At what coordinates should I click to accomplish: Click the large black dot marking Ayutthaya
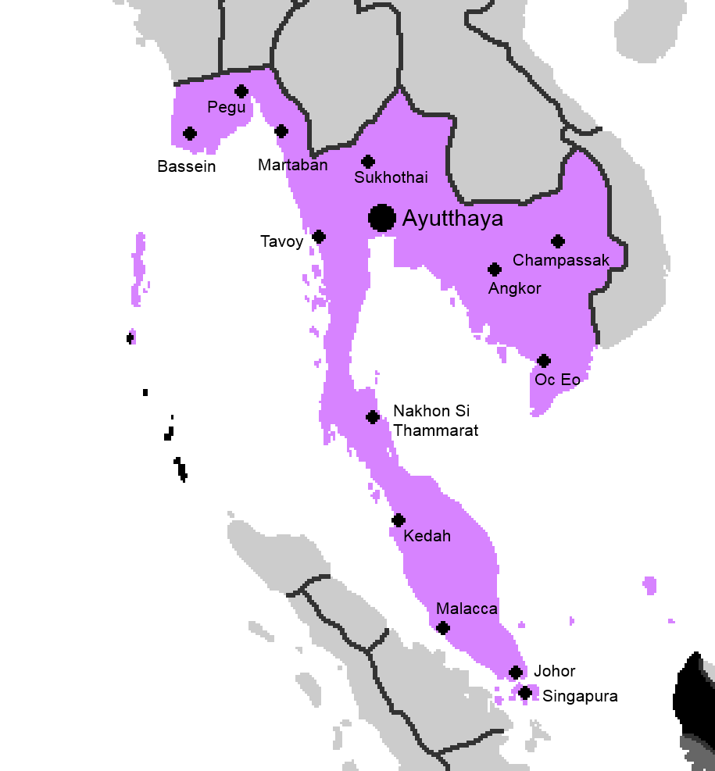click(x=381, y=218)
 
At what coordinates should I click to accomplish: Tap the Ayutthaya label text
click(x=452, y=219)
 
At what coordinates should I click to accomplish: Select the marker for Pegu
click(x=241, y=91)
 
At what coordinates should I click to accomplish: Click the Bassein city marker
click(x=189, y=134)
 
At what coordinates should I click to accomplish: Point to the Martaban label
click(x=293, y=165)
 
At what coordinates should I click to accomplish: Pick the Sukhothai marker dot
click(x=368, y=162)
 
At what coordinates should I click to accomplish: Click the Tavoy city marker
click(x=319, y=237)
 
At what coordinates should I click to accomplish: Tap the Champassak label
click(x=560, y=260)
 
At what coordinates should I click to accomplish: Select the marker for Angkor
click(x=494, y=269)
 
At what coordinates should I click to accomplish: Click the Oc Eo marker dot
click(x=544, y=361)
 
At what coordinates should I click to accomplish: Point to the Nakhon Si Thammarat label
click(x=435, y=420)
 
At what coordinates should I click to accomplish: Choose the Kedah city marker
click(x=399, y=520)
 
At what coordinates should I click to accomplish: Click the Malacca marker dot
click(x=443, y=628)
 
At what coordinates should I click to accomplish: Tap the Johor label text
click(x=554, y=671)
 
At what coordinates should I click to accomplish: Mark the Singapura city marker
click(x=525, y=693)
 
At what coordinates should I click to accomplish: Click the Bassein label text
click(x=186, y=166)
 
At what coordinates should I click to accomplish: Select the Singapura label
click(x=580, y=696)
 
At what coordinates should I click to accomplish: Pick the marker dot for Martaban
click(x=281, y=131)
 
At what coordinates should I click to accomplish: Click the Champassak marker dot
click(x=558, y=241)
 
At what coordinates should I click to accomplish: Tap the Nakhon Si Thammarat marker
click(x=373, y=417)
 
